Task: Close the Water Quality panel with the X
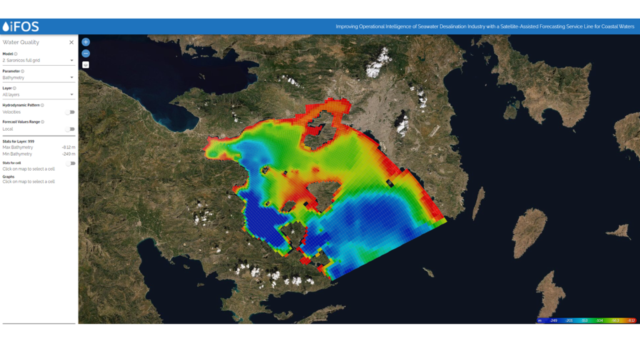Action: click(71, 42)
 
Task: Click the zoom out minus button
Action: click(86, 53)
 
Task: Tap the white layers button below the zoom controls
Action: click(86, 64)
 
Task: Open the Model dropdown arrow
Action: click(72, 61)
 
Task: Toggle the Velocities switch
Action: click(71, 112)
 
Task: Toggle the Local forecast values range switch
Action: click(71, 129)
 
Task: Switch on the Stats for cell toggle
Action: click(71, 163)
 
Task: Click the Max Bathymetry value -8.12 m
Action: click(68, 147)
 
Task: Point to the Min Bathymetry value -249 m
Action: click(69, 154)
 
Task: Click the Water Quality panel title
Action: click(21, 42)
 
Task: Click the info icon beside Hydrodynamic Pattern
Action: click(42, 105)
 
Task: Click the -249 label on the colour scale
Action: click(553, 321)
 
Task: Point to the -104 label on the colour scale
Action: click(599, 321)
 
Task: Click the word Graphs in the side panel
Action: click(8, 176)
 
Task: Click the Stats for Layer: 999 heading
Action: click(18, 142)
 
